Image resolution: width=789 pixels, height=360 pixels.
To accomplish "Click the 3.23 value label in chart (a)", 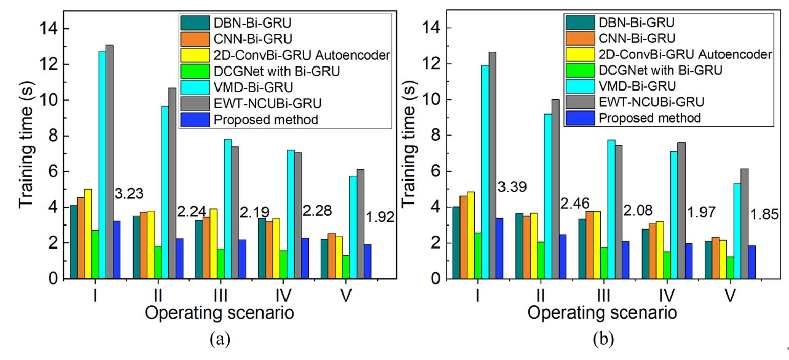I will (129, 194).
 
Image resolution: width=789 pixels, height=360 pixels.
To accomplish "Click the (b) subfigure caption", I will (603, 339).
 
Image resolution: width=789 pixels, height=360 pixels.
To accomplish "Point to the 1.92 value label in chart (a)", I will (381, 217).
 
